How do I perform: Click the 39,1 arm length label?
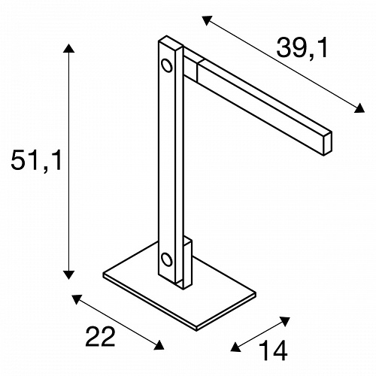(x=302, y=48)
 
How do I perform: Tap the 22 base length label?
(x=100, y=337)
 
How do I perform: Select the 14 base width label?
(x=273, y=350)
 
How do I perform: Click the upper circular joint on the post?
(x=166, y=65)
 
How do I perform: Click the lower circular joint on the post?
(x=166, y=259)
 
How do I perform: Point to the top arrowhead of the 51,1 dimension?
(x=68, y=48)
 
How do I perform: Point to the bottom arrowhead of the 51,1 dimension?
(x=68, y=275)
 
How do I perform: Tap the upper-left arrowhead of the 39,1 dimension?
(x=207, y=20)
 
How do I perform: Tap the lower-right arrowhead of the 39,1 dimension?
(x=359, y=108)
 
